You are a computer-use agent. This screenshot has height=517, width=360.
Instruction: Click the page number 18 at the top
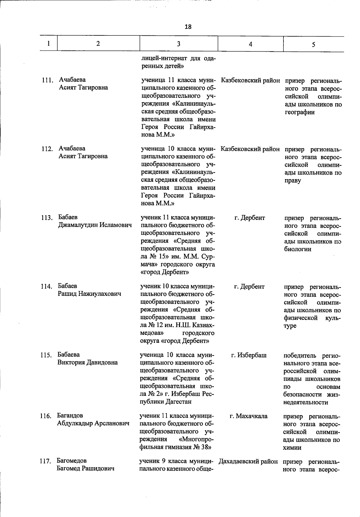point(188,27)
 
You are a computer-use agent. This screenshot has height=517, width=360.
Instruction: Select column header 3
point(178,44)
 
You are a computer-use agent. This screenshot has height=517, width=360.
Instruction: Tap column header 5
point(313,44)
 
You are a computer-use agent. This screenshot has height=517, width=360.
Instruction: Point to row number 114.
point(46,286)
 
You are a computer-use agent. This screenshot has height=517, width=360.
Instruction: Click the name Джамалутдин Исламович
point(95,225)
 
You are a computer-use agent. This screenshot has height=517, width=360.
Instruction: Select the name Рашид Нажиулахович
point(89,294)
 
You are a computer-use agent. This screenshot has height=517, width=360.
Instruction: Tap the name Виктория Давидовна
point(88,362)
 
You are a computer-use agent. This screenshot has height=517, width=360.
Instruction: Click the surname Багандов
point(70,416)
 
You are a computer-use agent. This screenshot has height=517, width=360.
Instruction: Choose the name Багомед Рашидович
point(85,468)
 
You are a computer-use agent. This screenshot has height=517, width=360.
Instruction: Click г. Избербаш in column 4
point(249,356)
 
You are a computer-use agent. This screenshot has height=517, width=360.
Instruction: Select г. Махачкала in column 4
point(248,416)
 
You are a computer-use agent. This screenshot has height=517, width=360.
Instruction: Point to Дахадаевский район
point(248,461)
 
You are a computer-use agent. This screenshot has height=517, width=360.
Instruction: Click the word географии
point(299,112)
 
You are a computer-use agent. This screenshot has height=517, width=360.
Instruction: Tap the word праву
point(292,181)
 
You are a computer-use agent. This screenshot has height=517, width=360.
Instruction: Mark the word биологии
point(298,249)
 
